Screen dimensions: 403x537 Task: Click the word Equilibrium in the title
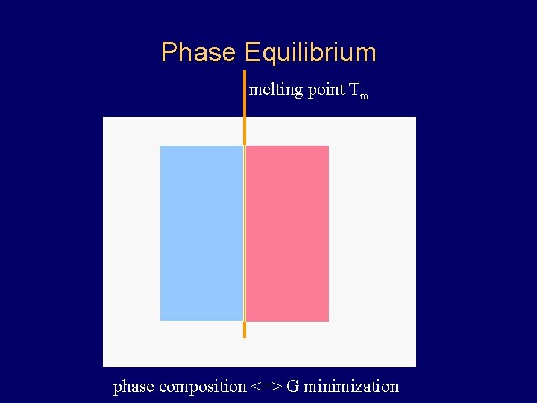coord(310,52)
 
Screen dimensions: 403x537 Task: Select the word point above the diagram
coord(326,90)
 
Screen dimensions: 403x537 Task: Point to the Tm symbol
coord(359,91)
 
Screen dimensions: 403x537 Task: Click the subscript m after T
coord(364,96)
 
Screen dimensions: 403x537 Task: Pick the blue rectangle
coord(201,233)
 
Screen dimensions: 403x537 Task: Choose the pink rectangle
coord(287,233)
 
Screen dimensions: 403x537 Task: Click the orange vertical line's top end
coord(244,72)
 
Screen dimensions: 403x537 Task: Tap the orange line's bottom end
coord(244,337)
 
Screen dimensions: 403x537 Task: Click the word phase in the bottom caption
coord(134,387)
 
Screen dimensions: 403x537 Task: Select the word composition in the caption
coord(202,387)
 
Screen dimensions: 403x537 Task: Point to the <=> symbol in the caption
coord(266,387)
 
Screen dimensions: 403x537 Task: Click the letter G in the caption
coord(292,386)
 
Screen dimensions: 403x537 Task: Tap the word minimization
coord(351,386)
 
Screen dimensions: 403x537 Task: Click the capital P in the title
coord(169,52)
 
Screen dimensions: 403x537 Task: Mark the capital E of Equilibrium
coord(251,52)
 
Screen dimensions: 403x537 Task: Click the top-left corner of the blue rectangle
coord(161,146)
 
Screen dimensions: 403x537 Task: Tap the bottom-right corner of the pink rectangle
coord(328,320)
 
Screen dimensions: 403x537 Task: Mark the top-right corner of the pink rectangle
coord(328,146)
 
